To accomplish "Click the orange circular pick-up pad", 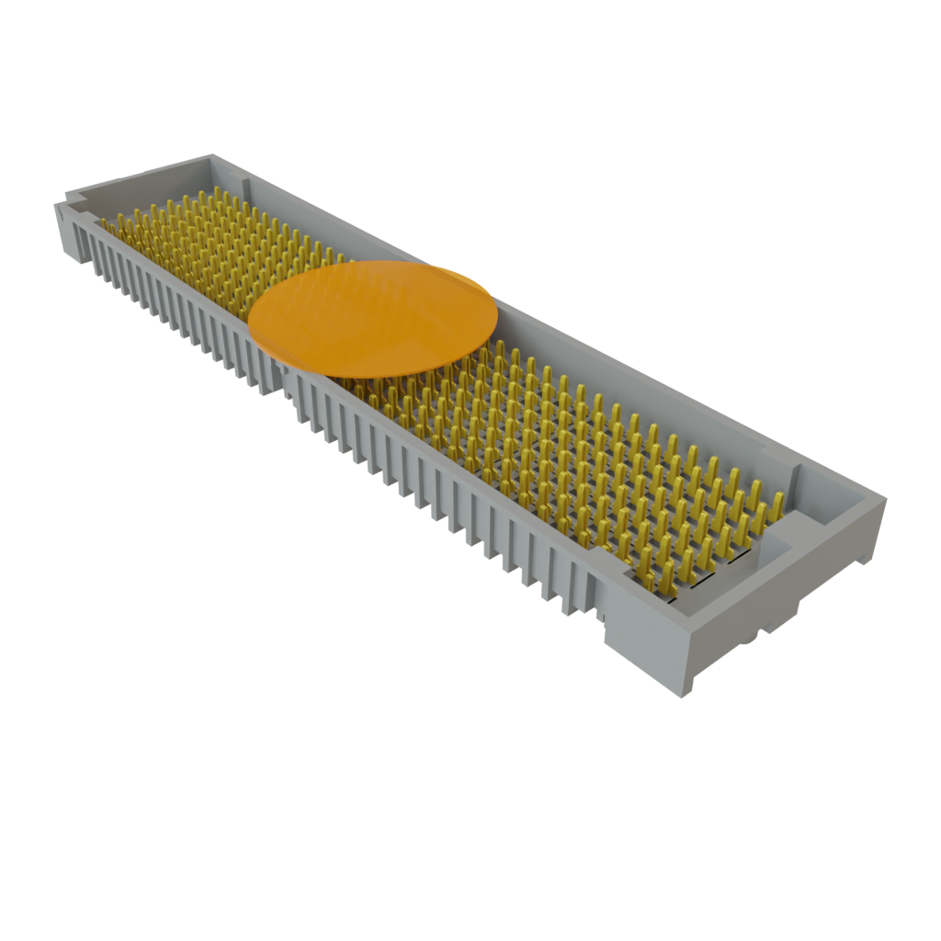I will (373, 318).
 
